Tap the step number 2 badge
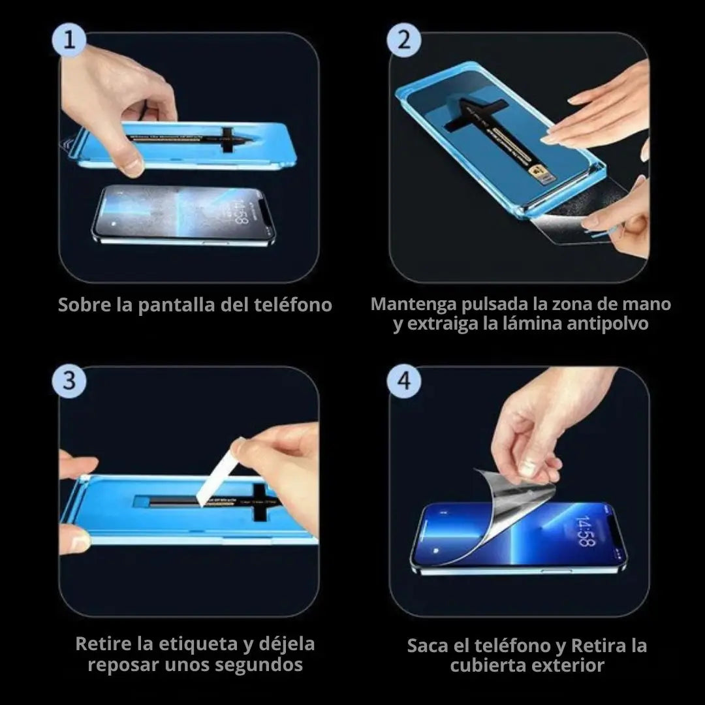[x=405, y=40]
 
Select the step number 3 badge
[x=69, y=381]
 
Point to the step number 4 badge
[x=405, y=381]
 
